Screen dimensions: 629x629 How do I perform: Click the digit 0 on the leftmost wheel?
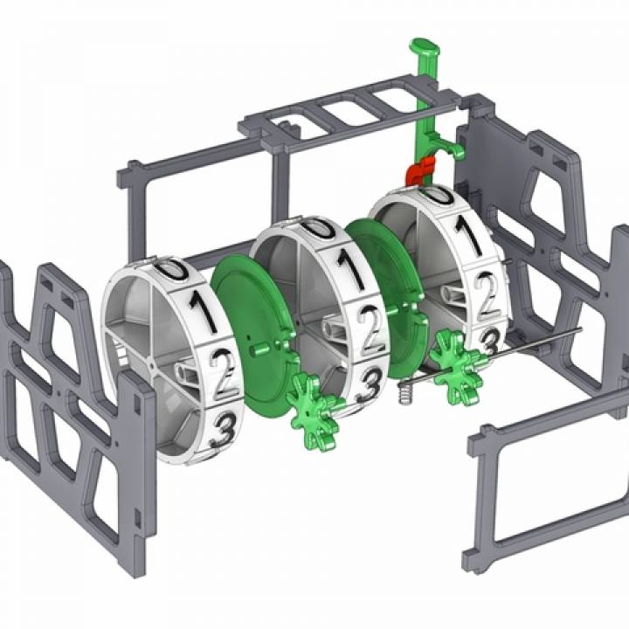pyautogui.click(x=172, y=269)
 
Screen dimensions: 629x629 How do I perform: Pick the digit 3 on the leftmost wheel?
pyautogui.click(x=225, y=430)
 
